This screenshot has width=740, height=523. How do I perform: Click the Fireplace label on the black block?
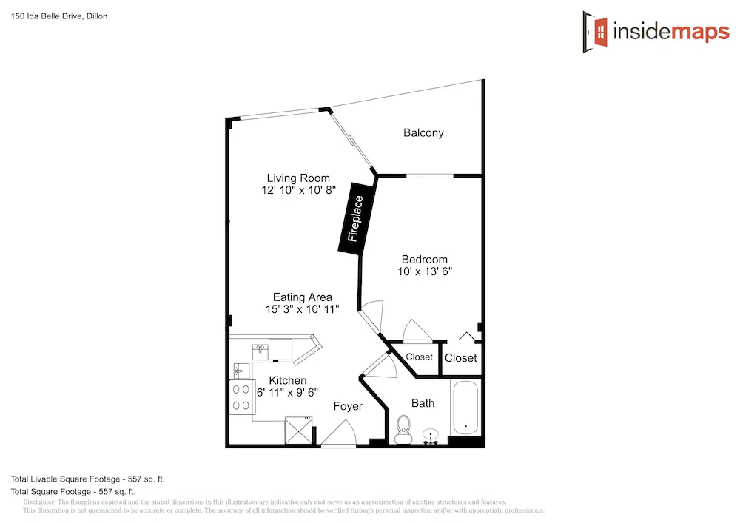(x=355, y=219)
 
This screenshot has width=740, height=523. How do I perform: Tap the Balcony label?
(x=423, y=133)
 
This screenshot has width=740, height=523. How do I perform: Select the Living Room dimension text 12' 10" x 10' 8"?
(x=299, y=190)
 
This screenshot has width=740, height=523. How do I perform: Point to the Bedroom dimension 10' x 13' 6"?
(x=425, y=271)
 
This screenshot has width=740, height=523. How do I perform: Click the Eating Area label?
(x=303, y=297)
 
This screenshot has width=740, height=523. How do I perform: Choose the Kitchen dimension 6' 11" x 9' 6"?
(x=287, y=392)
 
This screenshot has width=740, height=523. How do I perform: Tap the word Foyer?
(x=348, y=407)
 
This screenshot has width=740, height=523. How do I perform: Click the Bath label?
(x=423, y=403)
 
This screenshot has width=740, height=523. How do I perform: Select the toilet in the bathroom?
(x=403, y=430)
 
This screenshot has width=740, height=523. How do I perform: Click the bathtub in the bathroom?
(x=465, y=408)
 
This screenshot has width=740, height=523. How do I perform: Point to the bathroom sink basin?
(x=431, y=435)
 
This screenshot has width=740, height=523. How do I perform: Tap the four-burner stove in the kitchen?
(x=241, y=397)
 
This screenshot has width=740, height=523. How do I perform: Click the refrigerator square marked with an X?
(x=298, y=431)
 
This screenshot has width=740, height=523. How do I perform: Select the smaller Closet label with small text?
(x=419, y=357)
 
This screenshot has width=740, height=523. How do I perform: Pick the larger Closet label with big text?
(x=460, y=358)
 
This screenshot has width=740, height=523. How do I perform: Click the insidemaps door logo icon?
(x=595, y=32)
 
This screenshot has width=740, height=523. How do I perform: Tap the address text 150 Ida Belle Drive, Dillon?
(x=59, y=16)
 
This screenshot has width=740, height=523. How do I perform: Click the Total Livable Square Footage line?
(x=88, y=479)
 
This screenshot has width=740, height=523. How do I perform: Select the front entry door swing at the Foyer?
(x=338, y=433)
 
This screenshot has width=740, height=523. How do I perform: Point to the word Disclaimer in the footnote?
(x=39, y=502)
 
